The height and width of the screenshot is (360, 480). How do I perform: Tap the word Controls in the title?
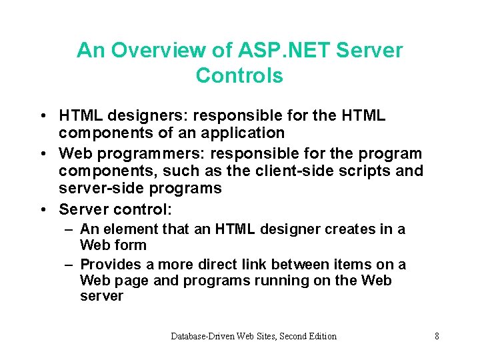click(239, 76)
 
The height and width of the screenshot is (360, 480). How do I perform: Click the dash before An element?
click(69, 230)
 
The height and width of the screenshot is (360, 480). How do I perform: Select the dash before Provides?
click(69, 265)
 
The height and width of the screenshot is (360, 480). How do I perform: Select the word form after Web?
click(131, 245)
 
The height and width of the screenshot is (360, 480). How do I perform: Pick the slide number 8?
click(437, 336)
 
